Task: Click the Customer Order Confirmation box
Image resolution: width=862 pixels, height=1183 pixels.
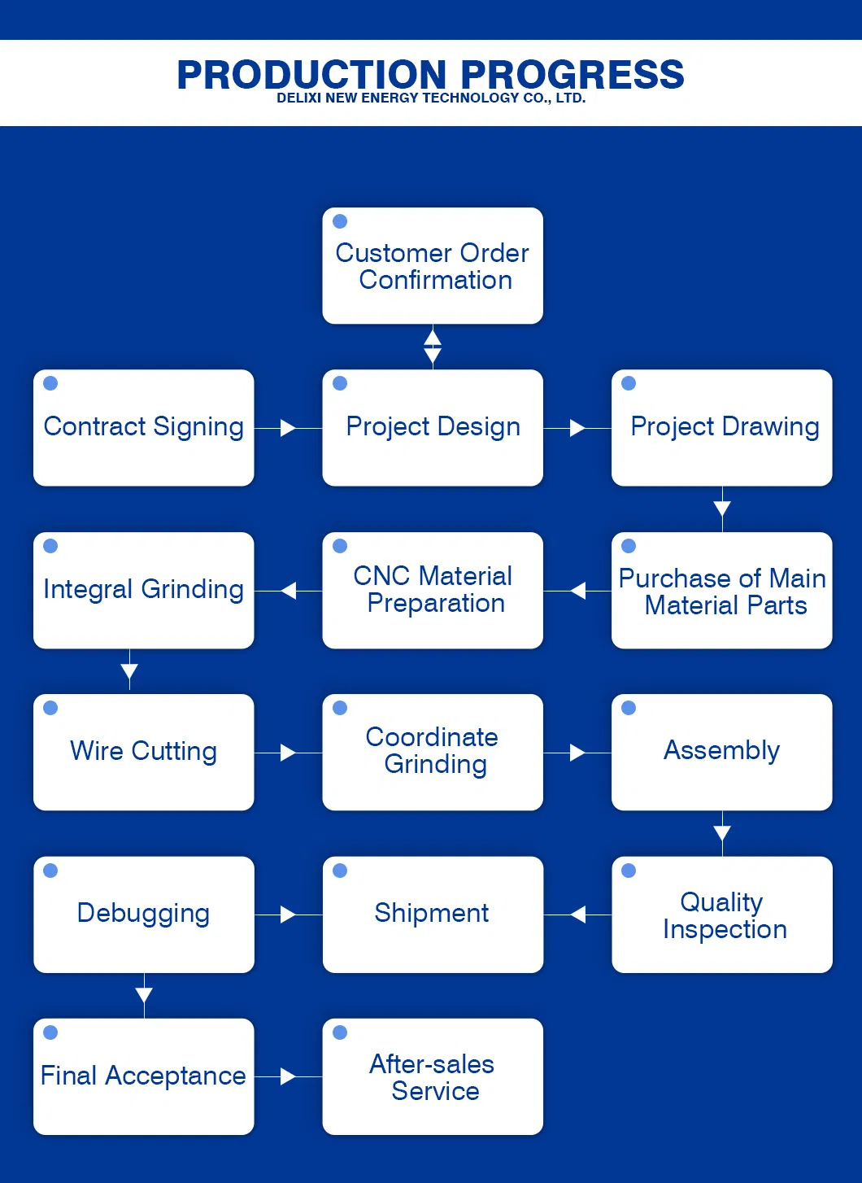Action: [433, 266]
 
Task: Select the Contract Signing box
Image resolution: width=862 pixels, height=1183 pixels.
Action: [144, 428]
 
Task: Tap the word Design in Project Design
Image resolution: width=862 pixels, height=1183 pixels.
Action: [477, 427]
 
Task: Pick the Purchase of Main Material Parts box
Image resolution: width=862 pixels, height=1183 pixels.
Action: [722, 591]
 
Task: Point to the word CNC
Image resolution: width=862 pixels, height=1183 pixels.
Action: [381, 576]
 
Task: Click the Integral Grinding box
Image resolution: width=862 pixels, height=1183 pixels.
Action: [144, 590]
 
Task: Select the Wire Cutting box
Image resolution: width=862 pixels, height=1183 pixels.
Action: [144, 752]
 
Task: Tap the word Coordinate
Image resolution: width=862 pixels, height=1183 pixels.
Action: [432, 737]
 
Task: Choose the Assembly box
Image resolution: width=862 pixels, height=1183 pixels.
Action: [722, 752]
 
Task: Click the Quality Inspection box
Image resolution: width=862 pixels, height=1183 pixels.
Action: [722, 915]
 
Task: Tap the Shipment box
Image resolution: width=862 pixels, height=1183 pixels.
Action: [433, 915]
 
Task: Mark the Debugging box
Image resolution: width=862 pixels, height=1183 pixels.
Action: [144, 915]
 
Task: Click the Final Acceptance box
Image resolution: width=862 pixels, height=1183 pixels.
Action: [144, 1076]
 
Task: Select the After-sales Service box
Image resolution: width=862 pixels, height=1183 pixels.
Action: [433, 1076]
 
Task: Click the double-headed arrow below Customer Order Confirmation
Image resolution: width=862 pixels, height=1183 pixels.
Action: [433, 347]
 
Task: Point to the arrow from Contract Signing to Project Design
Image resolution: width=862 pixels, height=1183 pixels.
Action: [287, 428]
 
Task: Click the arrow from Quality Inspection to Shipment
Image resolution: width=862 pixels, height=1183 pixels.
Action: [578, 915]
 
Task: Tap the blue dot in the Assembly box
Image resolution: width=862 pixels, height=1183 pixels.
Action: [629, 708]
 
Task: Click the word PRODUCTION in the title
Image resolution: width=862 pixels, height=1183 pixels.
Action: [311, 76]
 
